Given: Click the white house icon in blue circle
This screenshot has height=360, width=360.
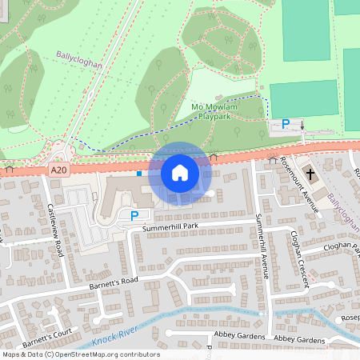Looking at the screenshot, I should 180,172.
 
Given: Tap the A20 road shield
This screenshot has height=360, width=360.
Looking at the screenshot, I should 57,170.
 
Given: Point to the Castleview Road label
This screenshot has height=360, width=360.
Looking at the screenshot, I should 55,229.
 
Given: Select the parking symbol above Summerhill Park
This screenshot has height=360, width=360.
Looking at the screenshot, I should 134,215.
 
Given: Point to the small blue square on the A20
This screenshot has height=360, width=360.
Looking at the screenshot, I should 139,173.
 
